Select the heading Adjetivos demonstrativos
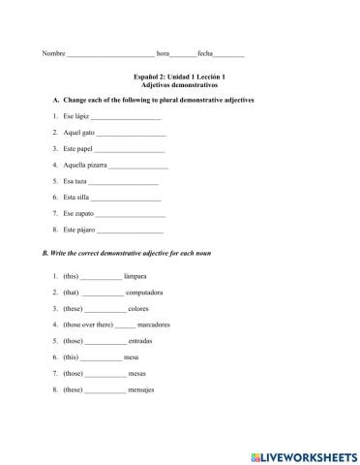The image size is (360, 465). (x=181, y=85)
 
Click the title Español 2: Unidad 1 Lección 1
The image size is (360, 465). (x=181, y=77)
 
